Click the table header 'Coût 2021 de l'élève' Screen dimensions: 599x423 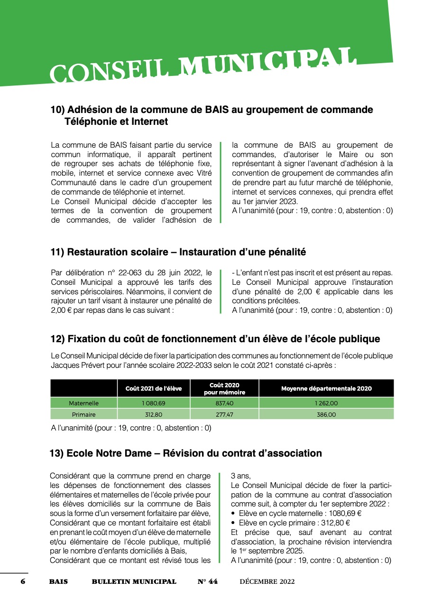tap(154, 388)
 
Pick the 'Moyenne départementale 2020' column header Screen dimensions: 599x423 tap(326, 388)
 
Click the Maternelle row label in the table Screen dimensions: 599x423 tap(84, 403)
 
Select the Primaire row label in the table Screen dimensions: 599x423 tap(84, 414)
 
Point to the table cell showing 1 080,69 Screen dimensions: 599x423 tap(154, 403)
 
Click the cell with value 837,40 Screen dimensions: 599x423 tap(224, 403)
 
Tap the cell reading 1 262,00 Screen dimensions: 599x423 tap(326, 403)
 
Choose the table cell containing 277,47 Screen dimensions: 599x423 tap(224, 414)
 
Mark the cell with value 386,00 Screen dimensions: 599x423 tap(326, 414)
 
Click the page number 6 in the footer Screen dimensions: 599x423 tap(22, 581)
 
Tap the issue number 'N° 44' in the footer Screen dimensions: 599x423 tap(208, 581)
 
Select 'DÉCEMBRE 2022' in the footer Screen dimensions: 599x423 tap(267, 581)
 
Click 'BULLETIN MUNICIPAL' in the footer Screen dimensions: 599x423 tap(134, 581)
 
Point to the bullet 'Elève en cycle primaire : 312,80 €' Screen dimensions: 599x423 tap(294, 523)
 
